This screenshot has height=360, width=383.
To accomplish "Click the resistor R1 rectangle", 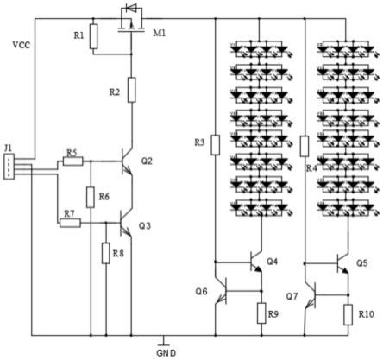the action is (93, 36).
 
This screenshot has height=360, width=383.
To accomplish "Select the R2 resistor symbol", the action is (131, 90).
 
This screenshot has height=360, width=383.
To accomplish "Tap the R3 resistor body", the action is (216, 145).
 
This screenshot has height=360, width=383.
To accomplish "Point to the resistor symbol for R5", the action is (73, 161).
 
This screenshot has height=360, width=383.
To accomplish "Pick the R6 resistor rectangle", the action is (91, 197).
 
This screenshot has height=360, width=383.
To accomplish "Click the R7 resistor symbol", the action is (70, 223).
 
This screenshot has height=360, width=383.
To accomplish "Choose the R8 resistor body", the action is (106, 253).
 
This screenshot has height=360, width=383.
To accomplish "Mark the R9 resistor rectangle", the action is (261, 313).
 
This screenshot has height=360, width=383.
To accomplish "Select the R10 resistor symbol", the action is (348, 315).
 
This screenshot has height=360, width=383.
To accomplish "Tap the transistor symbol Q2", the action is (127, 161).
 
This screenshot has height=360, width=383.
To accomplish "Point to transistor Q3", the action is (126, 223).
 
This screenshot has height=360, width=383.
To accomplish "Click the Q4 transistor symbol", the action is (256, 262).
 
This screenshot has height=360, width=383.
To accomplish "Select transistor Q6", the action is (222, 290).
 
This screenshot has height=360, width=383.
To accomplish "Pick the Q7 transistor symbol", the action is (311, 295).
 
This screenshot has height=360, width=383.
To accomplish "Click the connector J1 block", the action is (9, 167).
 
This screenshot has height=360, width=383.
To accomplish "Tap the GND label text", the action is (166, 353).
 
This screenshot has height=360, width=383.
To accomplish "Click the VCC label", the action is (22, 45).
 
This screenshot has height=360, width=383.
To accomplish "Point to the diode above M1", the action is (131, 8).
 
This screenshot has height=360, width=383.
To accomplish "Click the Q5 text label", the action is (362, 263).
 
